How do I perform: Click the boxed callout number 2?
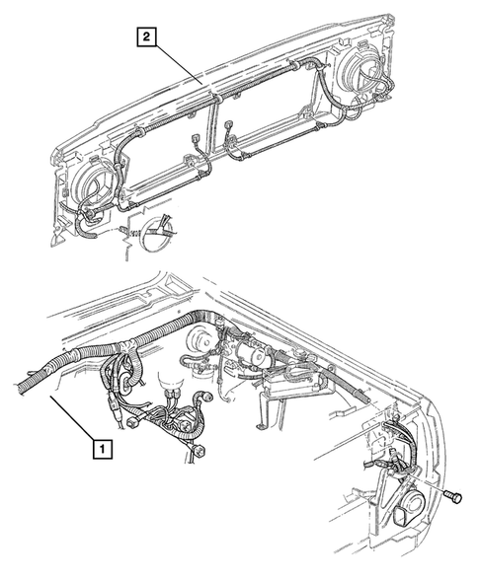[145, 38]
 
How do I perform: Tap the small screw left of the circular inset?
[123, 232]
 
